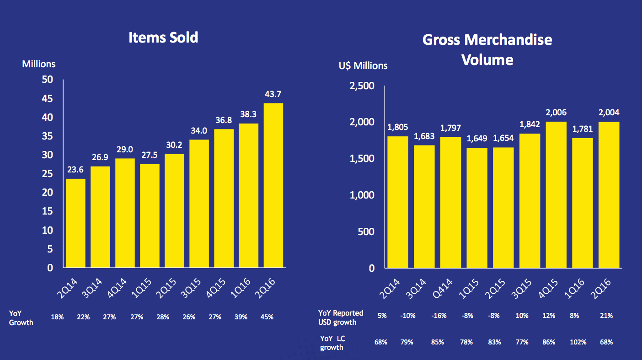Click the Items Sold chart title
163,38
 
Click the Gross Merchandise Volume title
487,49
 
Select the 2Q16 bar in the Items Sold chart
273,185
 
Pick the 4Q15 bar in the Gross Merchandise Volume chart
556,194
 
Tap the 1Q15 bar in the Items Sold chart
150,215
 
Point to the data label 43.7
273,94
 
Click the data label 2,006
556,113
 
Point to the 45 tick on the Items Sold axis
48,99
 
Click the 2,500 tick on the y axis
362,86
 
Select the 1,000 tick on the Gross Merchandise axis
362,195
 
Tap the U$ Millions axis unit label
363,66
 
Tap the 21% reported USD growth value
607,316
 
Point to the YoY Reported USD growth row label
341,317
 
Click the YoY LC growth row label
333,343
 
